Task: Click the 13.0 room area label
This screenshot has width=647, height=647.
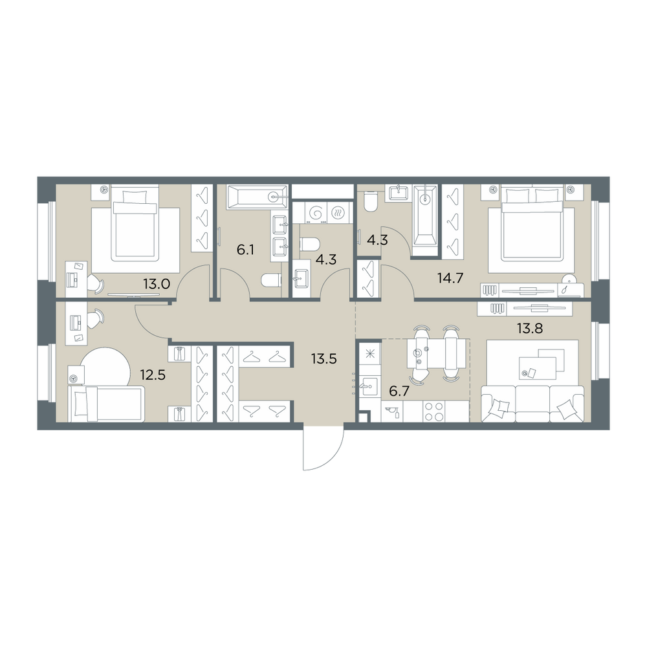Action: [157, 284]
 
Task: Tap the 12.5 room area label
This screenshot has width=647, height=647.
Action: [153, 375]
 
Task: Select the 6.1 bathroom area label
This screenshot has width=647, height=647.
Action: [245, 250]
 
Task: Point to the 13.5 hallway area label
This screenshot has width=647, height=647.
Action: [324, 359]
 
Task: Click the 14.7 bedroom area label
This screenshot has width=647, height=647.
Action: [450, 278]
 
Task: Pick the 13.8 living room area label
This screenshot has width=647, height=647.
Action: [530, 329]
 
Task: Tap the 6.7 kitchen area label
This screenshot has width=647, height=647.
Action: [399, 391]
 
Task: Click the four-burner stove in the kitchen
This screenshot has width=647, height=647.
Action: [433, 411]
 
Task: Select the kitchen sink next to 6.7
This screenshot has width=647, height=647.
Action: [369, 387]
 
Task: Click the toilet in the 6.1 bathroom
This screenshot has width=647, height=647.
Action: [271, 281]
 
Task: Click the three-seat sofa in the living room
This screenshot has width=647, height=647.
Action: [532, 404]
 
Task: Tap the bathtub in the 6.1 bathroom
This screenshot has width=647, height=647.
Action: [257, 197]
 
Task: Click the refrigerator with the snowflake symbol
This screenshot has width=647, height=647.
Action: [369, 353]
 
